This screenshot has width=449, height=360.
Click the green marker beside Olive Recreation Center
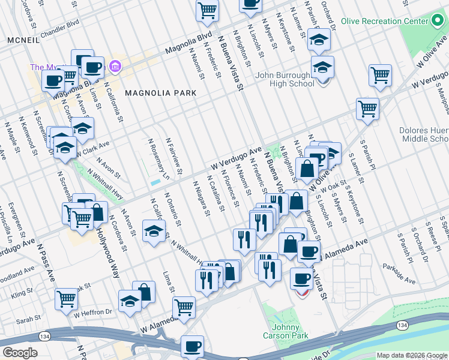438,21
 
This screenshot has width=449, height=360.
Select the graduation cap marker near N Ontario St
154,232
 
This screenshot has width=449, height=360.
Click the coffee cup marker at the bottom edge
193,346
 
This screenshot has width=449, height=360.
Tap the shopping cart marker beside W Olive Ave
367,109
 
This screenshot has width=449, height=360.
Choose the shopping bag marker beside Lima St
143,292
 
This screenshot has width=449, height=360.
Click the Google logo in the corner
20,353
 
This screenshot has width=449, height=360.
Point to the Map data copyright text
411,355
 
